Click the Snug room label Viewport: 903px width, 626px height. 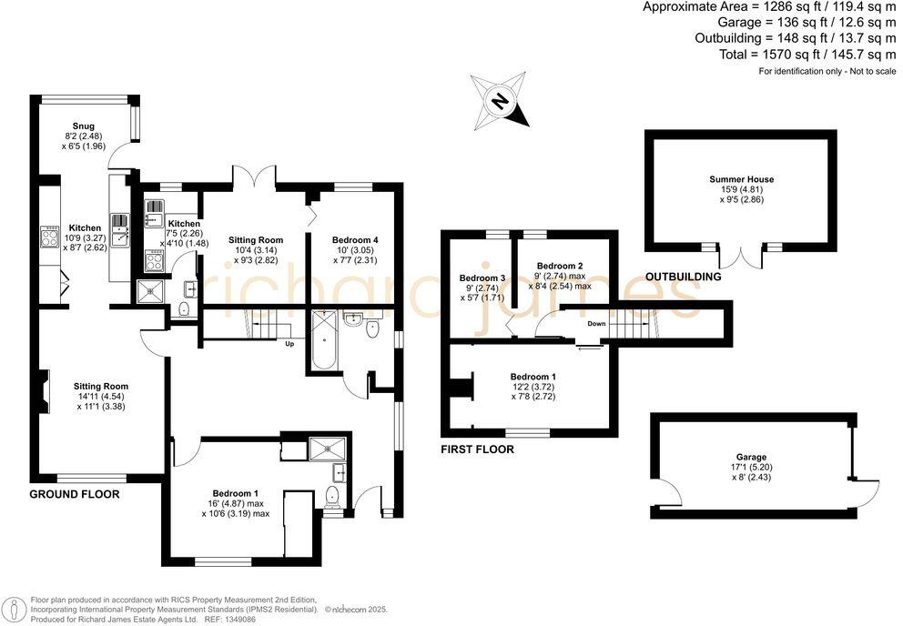(83, 126)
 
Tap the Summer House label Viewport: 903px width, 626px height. (741, 180)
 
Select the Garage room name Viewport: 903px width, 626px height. (751, 457)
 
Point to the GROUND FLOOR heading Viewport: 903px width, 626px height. (75, 494)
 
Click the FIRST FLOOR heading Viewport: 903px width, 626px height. (477, 449)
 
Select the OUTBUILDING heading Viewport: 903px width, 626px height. (683, 277)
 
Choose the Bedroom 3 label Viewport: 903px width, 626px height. (482, 278)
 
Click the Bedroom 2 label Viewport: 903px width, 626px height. (559, 265)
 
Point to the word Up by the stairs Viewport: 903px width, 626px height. (289, 344)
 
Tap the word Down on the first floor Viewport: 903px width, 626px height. (596, 323)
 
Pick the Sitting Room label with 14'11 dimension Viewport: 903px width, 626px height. (100, 386)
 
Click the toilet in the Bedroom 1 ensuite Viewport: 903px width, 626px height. (331, 497)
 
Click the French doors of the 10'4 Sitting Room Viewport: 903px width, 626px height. (253, 175)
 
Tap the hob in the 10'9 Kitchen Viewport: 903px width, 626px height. (47, 239)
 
